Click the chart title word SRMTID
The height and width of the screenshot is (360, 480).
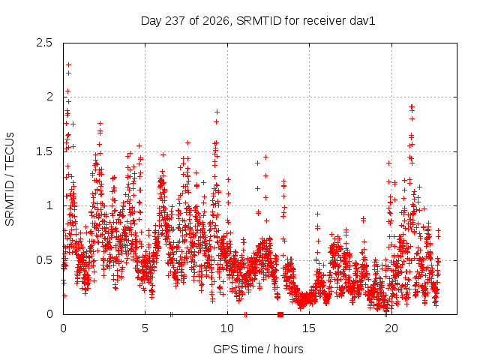259,21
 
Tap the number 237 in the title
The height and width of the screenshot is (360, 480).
175,21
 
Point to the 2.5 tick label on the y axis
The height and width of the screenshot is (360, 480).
44,43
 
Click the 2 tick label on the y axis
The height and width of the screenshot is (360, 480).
49,97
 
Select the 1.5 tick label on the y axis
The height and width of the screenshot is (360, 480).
44,151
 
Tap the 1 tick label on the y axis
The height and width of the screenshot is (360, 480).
49,205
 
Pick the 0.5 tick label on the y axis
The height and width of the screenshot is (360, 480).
44,260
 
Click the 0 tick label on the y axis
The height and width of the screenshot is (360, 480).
49,314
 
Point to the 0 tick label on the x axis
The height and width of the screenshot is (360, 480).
63,328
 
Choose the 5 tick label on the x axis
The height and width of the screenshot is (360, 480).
145,328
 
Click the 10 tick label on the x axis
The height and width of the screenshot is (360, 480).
227,328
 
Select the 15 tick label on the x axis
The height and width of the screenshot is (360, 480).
309,328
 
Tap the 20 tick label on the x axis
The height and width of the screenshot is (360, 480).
391,328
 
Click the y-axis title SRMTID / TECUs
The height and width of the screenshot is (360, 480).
10,179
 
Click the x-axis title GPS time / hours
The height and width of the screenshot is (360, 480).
258,349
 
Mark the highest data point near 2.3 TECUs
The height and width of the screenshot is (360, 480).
68,65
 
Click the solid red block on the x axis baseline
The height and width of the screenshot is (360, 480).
280,314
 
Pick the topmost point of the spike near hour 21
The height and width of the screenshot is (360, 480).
412,106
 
